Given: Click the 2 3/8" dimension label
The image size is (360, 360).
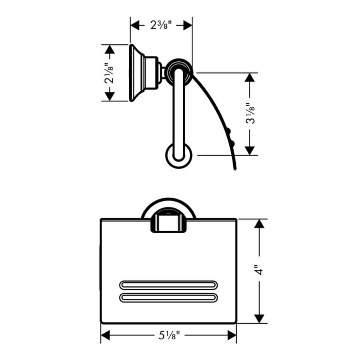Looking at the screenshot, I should pos(161,26).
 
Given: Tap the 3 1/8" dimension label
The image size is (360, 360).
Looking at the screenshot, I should pos(250,114).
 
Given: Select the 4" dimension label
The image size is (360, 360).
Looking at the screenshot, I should pos(260,271).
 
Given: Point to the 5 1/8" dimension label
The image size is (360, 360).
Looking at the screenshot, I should pos(168,335).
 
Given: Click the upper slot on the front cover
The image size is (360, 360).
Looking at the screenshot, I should pos(168,285).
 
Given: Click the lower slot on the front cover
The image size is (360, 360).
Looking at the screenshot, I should pos(168,298).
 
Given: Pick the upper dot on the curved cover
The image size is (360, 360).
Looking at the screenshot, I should pos(229,130).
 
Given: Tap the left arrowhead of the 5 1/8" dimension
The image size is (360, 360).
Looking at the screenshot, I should pos(105,335).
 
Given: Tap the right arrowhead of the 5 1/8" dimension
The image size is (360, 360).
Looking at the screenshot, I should pos(232,335).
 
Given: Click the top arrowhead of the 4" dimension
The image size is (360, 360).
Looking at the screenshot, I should pos(260,224).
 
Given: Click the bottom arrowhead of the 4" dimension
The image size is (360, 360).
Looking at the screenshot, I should pos(260,318).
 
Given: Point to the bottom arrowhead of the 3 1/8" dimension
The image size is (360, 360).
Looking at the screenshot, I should pos(250,150).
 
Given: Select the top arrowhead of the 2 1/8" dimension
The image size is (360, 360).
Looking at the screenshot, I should pos(109,49).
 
